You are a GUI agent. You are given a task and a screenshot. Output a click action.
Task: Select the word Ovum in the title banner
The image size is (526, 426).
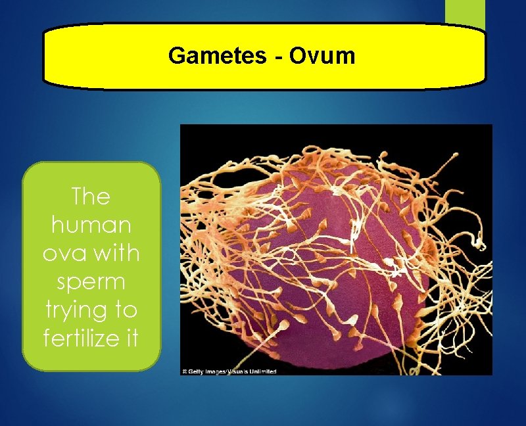(x=322, y=56)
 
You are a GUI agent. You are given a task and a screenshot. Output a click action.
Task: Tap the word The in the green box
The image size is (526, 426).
(x=91, y=196)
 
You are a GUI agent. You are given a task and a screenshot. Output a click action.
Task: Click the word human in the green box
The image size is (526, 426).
(x=91, y=225)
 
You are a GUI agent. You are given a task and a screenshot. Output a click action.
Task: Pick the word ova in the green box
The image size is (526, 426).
(x=63, y=254)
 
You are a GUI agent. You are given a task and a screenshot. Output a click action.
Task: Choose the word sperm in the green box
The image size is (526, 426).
(x=91, y=282)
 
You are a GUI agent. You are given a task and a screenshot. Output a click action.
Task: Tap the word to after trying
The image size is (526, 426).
(x=124, y=310)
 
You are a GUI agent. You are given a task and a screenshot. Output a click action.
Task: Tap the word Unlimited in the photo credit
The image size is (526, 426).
(x=263, y=371)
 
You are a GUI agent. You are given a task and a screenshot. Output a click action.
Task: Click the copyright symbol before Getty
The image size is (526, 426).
(x=184, y=371)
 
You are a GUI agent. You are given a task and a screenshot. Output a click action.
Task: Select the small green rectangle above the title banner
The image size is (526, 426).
(x=465, y=13)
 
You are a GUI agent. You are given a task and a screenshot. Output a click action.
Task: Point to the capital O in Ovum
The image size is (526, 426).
(x=296, y=56)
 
